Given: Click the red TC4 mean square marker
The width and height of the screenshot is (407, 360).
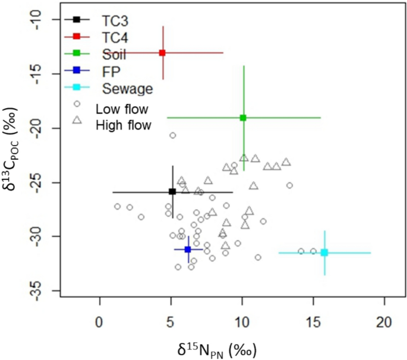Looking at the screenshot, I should point(162,53).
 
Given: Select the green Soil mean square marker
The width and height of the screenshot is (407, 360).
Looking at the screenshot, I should point(242,118).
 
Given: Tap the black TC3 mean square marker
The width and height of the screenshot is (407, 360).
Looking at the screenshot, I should point(172,191).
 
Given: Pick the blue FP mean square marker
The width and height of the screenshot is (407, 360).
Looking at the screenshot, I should point(188,250).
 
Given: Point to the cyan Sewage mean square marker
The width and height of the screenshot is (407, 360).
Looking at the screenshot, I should point(324,252).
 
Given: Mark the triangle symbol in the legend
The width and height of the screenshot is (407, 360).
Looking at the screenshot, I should point(77,121).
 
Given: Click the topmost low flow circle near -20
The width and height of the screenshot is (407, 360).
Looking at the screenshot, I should point(173,135).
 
